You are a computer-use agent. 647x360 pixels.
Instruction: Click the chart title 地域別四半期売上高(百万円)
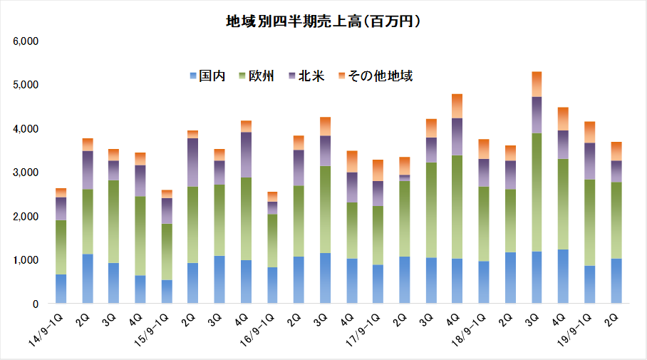tap(323, 22)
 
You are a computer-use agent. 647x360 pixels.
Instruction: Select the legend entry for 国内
tap(207, 76)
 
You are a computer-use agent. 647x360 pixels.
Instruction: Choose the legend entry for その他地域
tap(374, 76)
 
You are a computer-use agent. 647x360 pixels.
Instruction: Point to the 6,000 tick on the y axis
tap(26, 41)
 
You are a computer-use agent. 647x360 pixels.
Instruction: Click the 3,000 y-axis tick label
tap(26, 173)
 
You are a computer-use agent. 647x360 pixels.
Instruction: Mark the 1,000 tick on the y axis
tap(26, 260)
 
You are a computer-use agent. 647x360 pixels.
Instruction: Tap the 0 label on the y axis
tap(35, 304)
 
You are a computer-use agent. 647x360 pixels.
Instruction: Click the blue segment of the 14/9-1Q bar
tap(61, 289)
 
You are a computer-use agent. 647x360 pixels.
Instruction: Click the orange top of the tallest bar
tap(537, 84)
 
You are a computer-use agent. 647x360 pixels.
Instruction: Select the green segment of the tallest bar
tap(537, 192)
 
